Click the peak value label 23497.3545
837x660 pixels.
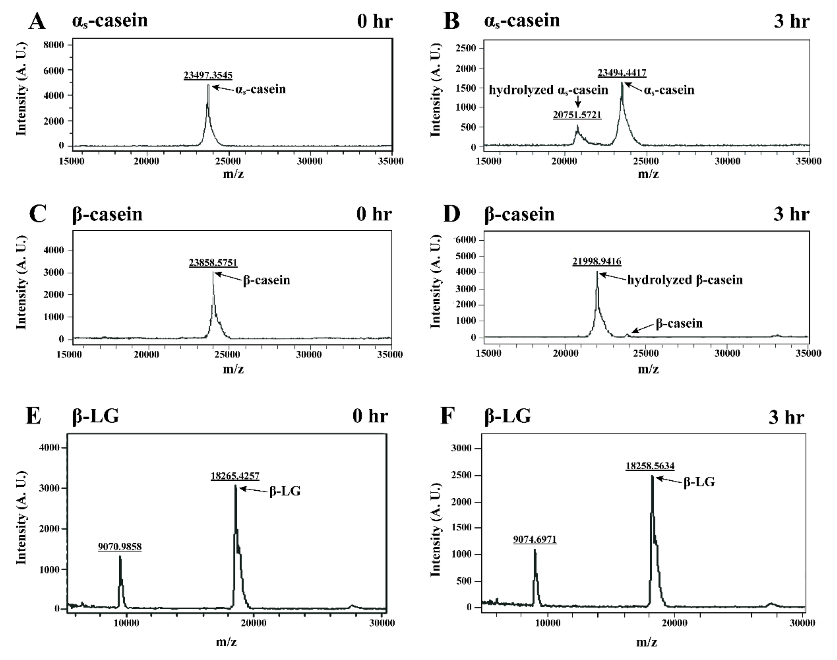coord(208,75)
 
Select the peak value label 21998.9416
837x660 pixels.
coord(597,262)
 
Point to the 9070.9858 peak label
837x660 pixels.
coord(120,546)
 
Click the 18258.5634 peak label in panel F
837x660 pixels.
coord(650,466)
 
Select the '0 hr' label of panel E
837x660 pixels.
coord(370,416)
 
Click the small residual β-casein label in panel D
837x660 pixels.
coord(679,323)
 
